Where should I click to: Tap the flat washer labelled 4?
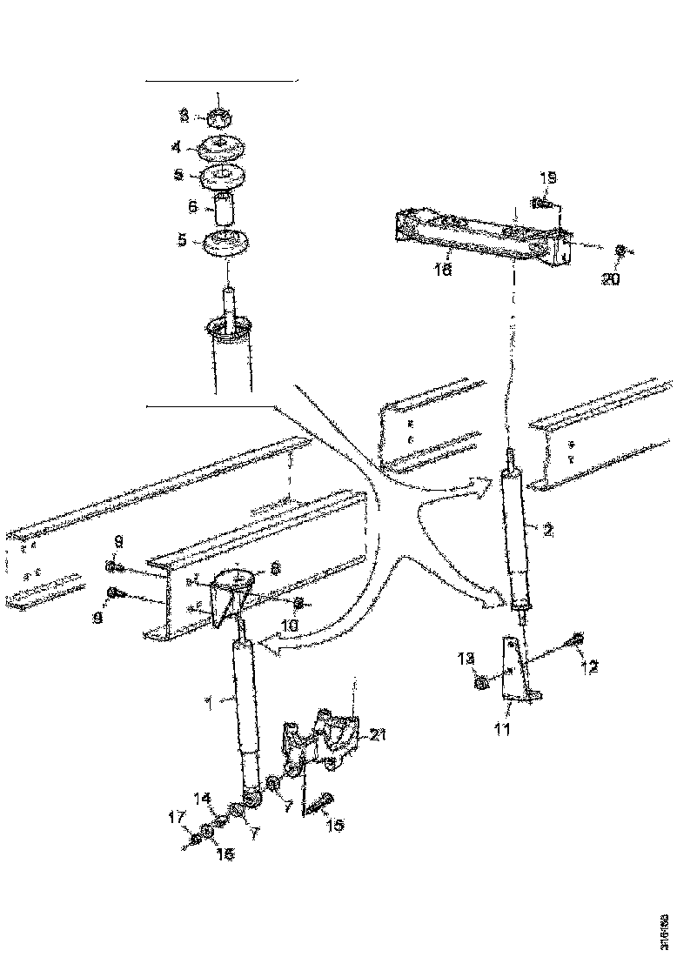tap(221, 148)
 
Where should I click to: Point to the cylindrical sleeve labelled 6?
tap(225, 210)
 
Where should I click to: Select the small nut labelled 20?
tap(620, 251)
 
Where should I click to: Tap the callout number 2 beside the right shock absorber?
tap(547, 529)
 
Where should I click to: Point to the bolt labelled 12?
tap(578, 641)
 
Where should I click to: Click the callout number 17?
tap(176, 816)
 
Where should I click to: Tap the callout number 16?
tap(225, 854)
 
